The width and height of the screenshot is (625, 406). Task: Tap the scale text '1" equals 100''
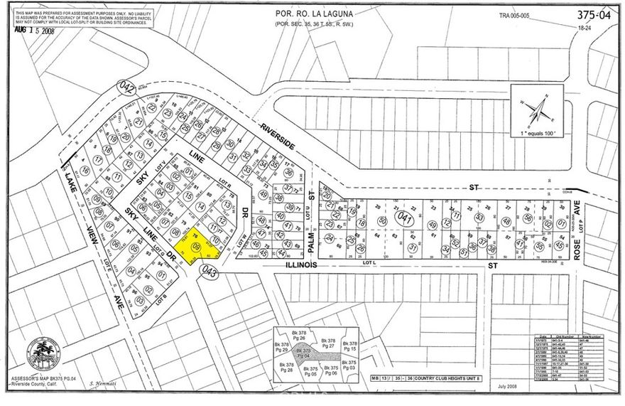click(536, 134)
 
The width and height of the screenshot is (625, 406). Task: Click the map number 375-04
click(593, 15)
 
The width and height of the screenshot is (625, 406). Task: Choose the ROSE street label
click(577, 243)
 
